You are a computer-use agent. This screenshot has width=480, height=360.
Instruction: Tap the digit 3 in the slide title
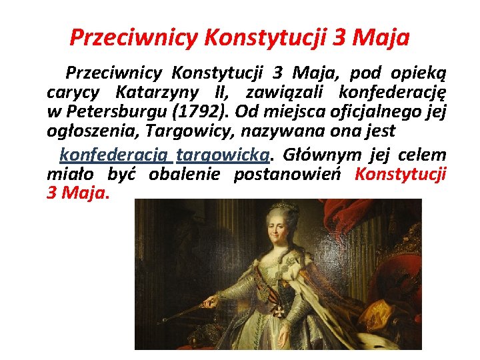coord(340,37)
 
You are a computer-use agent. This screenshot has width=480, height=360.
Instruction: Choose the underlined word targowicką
coord(223,155)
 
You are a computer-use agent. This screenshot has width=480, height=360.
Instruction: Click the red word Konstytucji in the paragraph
coord(400,175)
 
